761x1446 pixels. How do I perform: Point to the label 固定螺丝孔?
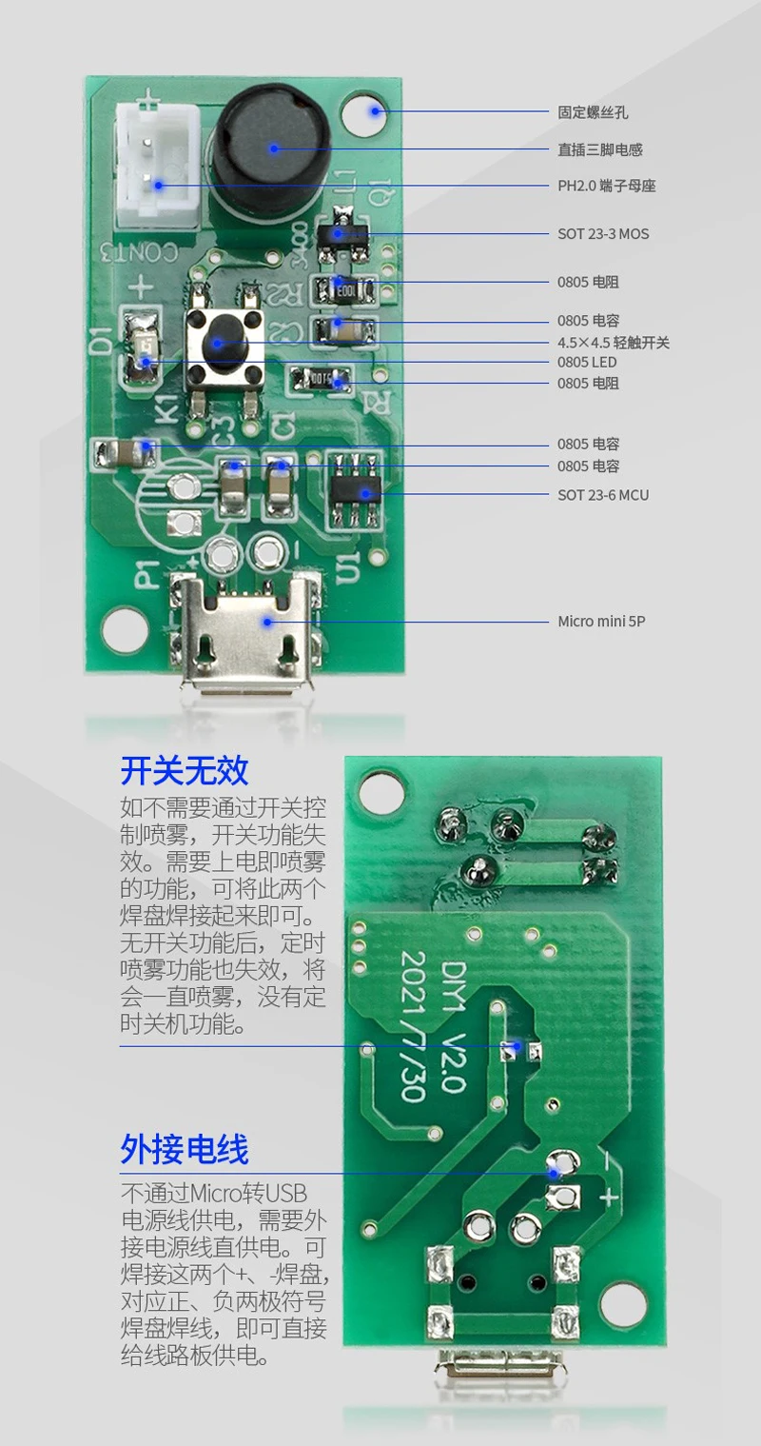click(593, 112)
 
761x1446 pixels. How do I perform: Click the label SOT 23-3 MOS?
click(603, 233)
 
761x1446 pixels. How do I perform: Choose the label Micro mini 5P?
click(602, 622)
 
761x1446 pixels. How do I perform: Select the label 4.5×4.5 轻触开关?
click(614, 342)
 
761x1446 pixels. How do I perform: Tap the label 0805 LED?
click(587, 362)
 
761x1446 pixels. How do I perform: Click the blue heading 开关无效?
click(185, 769)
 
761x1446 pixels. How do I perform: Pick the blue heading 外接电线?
click(185, 1149)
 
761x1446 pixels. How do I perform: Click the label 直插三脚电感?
click(600, 149)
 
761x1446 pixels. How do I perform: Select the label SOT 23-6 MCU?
click(603, 495)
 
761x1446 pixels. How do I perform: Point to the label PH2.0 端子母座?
click(606, 186)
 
